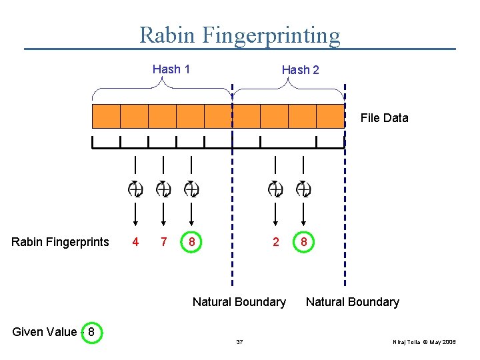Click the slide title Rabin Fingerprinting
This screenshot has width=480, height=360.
point(239,35)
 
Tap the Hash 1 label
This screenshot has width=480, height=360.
point(171,69)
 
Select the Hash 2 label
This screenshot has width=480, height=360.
point(300,70)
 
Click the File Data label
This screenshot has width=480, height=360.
point(384,118)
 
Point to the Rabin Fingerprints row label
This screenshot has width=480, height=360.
point(60,242)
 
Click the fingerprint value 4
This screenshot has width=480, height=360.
point(135,242)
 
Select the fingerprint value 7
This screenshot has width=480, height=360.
point(163,242)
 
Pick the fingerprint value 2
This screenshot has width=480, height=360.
point(276,242)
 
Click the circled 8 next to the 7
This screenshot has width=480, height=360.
point(191,242)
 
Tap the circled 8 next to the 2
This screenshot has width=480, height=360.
point(304,242)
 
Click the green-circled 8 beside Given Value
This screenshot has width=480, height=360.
point(91,332)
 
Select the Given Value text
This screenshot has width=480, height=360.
point(44,332)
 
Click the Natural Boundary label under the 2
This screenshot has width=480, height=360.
point(239,302)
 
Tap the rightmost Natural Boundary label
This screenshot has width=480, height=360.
point(352,302)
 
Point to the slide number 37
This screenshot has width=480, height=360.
point(239,342)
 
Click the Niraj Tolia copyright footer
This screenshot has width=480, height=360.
point(424,342)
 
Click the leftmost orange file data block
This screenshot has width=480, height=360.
point(106,116)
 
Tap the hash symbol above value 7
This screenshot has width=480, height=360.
point(163,189)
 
